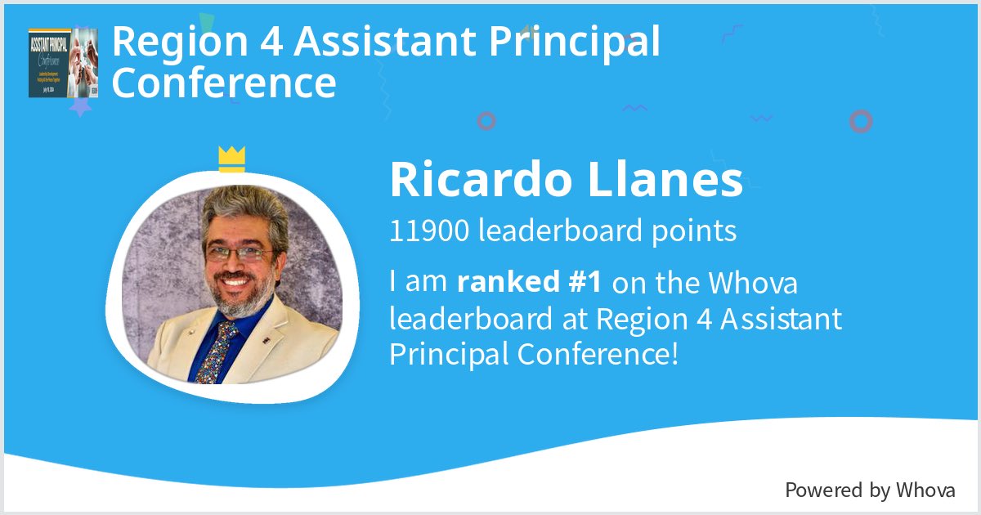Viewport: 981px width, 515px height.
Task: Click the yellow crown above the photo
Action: pos(232,159)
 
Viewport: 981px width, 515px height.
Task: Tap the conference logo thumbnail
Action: pos(62,63)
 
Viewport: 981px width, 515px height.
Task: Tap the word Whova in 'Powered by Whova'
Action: pos(925,490)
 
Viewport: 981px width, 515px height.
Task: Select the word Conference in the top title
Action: pos(224,83)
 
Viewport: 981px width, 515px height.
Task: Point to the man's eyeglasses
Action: pos(237,253)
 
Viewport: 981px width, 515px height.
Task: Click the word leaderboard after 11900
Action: pos(547,231)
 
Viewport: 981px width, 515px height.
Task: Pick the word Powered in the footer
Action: pos(822,490)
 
